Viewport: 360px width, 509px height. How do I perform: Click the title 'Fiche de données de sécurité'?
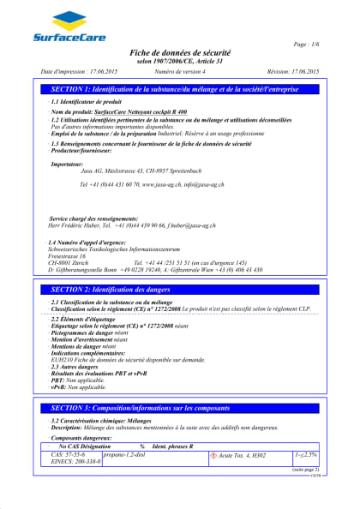(x=180, y=53)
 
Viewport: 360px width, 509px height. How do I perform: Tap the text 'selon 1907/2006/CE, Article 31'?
(x=180, y=62)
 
